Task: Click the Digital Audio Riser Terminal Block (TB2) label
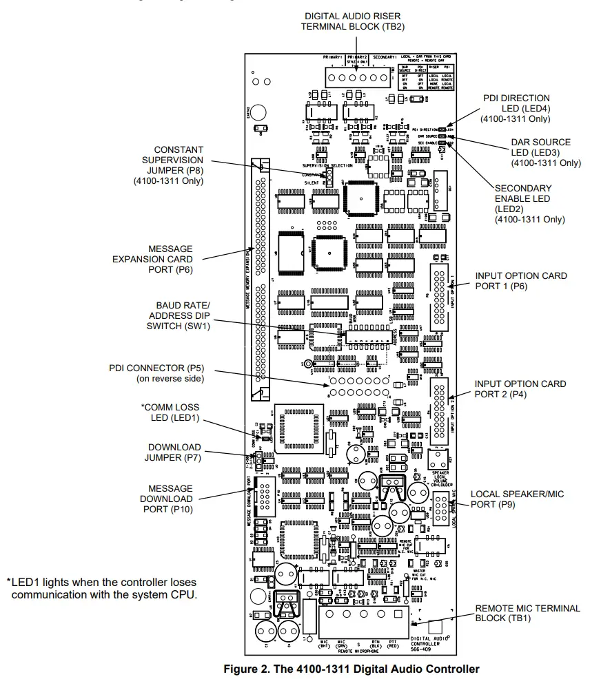coord(352,21)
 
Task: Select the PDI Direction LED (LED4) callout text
coord(516,108)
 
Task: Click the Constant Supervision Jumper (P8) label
coord(168,165)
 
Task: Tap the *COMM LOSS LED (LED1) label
coord(172,413)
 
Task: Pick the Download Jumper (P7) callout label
coord(174,452)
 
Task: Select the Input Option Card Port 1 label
coord(521,281)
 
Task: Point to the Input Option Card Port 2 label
coord(520,389)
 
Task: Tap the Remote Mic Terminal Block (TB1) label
coord(528,613)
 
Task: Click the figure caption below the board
coord(352,669)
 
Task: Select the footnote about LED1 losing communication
coord(102,587)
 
